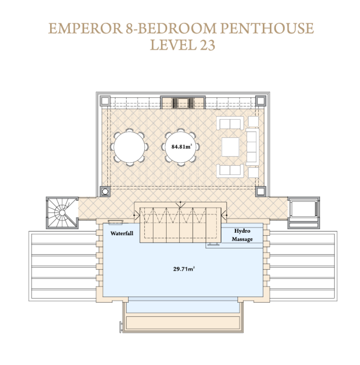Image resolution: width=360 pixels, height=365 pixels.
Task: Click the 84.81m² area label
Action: tap(182, 146)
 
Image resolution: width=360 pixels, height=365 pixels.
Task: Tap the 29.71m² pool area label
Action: tap(184, 269)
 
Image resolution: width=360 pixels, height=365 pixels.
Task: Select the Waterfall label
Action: tap(122, 233)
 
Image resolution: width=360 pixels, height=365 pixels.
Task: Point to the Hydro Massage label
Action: tap(242, 235)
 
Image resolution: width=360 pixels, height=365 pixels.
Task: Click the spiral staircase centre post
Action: tap(62, 213)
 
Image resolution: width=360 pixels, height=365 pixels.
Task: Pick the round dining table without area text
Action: tap(129, 147)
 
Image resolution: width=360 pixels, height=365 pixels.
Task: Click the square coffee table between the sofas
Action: tap(230, 146)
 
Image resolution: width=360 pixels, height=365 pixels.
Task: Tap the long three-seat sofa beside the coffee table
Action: tap(252, 146)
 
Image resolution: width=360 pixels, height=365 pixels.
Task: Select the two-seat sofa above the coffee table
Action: tap(230, 123)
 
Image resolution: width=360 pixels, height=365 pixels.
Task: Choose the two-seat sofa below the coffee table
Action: tap(230, 171)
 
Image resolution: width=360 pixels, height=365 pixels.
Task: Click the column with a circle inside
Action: tap(105, 191)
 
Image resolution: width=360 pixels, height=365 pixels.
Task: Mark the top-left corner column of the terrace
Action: tap(105, 101)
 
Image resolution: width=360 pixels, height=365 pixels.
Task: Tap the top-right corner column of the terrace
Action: tap(260, 101)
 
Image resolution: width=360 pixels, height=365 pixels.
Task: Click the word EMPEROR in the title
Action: tap(85, 28)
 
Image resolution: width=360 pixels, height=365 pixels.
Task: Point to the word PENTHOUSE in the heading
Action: tap(267, 28)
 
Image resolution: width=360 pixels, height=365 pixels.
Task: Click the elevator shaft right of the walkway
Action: tap(303, 212)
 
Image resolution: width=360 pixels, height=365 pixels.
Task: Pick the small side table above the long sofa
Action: tap(253, 121)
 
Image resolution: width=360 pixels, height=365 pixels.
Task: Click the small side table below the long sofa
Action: tap(253, 173)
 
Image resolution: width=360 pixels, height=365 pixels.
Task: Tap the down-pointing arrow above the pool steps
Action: tap(181, 204)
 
